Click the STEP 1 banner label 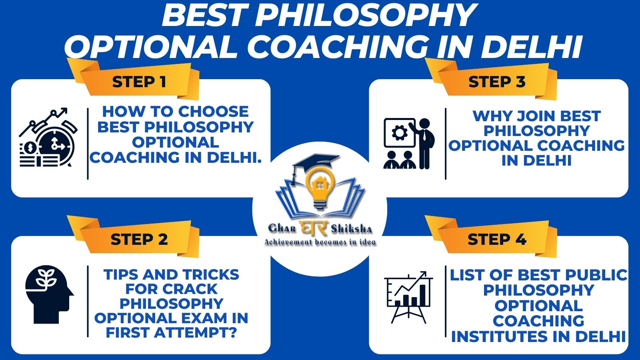tap(139, 82)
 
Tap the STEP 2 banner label tap(139, 240)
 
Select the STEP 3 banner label tap(497, 82)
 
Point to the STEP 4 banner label tap(497, 240)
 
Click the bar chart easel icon tap(408, 297)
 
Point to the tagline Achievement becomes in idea tap(320, 242)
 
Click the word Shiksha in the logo tap(352, 228)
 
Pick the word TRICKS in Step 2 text tap(211, 274)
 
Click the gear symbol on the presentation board tap(399, 133)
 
